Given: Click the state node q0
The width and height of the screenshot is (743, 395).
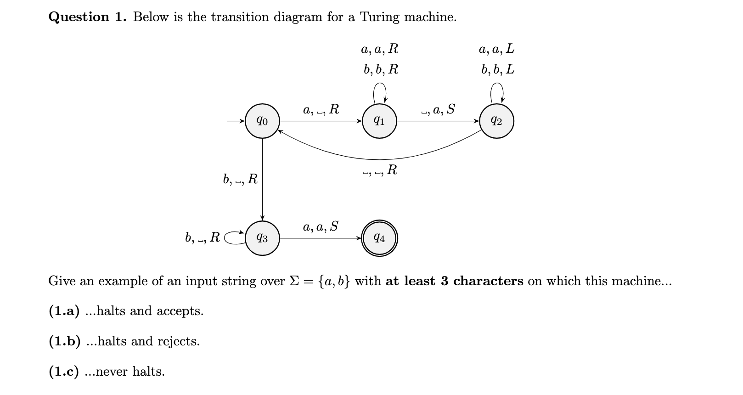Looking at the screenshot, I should pos(262,121).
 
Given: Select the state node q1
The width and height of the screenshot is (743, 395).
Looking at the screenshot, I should pos(379,121).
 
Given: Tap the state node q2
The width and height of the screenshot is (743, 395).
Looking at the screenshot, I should pos(496,121).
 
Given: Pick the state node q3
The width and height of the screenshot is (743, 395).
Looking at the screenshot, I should pos(262,238).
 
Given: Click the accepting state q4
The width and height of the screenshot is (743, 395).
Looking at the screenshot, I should pos(379,238).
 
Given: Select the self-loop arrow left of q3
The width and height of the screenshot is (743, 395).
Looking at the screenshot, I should pos(234,237).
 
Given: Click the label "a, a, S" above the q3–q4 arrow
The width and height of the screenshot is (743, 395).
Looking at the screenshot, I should pos(320,226).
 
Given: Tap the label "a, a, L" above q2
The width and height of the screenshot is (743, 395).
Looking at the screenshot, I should pos(496,49).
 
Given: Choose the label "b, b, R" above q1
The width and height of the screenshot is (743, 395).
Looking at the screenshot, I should pos(381,69).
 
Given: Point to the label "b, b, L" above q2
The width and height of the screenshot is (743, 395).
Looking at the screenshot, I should pos(497,69).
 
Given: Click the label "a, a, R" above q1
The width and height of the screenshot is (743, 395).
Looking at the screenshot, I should pos(380,49).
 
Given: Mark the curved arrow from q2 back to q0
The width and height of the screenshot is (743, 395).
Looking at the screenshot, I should pos(379,158).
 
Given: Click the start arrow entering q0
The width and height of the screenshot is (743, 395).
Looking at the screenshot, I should pos(236,121).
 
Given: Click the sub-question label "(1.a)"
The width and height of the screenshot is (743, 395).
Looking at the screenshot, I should pos(64,311).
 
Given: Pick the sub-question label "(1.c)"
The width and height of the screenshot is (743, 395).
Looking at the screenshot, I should pos(63,371).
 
